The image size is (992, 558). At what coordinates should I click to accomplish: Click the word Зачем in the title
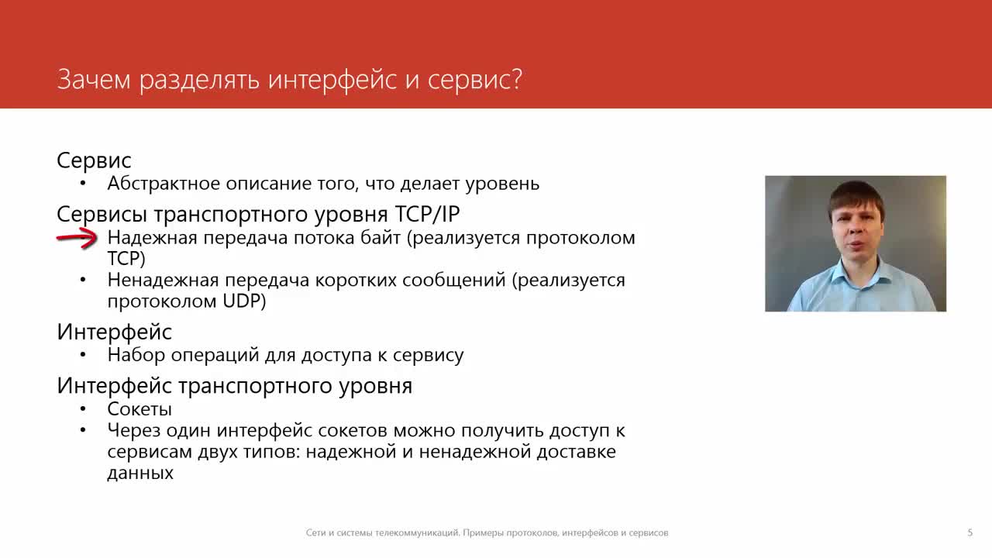pos(94,80)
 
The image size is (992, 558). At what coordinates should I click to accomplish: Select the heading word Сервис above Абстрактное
pos(94,160)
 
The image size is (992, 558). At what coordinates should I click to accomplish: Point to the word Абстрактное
pos(164,184)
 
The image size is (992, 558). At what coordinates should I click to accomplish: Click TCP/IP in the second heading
pos(427,215)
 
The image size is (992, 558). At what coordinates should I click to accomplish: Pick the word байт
pos(381,238)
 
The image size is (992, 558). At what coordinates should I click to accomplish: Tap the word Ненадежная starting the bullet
pos(163,281)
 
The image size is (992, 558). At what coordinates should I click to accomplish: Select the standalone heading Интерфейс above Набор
pos(114,332)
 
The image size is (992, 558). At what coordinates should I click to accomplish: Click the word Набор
pos(136,355)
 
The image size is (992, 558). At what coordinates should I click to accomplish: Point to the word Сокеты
pos(139,409)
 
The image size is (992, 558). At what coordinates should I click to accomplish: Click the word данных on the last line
pos(140,474)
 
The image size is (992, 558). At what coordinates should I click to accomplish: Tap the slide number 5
pos(970,532)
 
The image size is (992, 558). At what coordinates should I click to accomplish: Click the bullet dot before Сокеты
pos(83,409)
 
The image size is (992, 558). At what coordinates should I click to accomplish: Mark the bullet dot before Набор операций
pos(83,355)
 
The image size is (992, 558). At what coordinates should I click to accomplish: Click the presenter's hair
pos(856,197)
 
